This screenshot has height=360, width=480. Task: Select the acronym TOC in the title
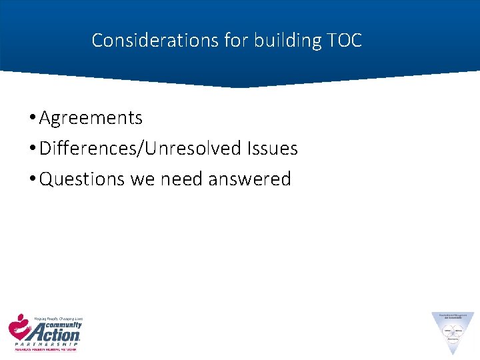(345, 41)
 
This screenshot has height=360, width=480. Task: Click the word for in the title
(234, 41)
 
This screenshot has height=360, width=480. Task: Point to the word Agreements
(91, 119)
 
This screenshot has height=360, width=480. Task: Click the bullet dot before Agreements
(32, 119)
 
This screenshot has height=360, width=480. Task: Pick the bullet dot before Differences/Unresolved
(32, 149)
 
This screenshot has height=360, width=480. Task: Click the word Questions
(83, 179)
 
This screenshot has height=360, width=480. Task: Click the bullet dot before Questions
(32, 179)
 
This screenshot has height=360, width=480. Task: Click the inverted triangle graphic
(453, 330)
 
